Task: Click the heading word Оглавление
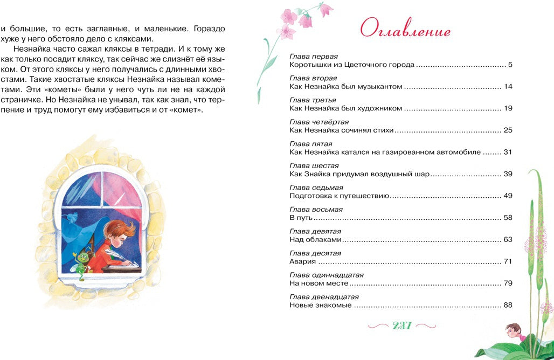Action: tap(405, 30)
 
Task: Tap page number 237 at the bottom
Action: tap(402, 326)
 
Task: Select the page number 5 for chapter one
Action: tap(510, 65)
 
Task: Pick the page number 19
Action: tap(508, 108)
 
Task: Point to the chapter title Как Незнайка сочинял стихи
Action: tap(342, 130)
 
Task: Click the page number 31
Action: tap(508, 152)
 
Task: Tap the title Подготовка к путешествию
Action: tap(339, 196)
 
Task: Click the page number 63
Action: tap(508, 239)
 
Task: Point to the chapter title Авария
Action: tap(303, 261)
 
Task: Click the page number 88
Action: tap(508, 305)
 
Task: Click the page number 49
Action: tap(508, 196)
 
